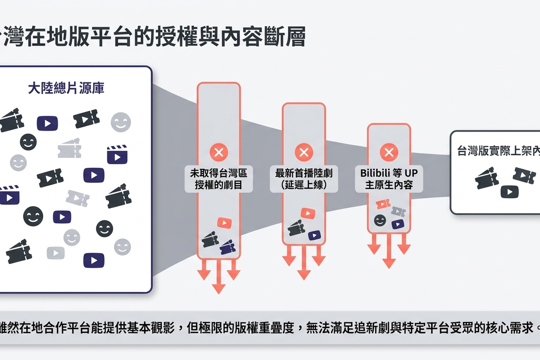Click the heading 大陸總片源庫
tap(66, 89)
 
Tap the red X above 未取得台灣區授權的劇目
tap(219, 152)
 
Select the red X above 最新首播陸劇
tap(304, 152)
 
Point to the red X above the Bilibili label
tap(388, 152)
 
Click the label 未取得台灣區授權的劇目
tap(219, 179)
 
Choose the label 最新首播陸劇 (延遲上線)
tap(304, 179)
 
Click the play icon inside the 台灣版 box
tap(509, 191)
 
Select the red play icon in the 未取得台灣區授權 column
tap(224, 223)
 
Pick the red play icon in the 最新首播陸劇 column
tap(307, 214)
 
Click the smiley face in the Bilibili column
tap(380, 220)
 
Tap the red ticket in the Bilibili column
tap(383, 204)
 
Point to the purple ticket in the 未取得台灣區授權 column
tap(228, 247)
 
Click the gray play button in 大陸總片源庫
tap(55, 253)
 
